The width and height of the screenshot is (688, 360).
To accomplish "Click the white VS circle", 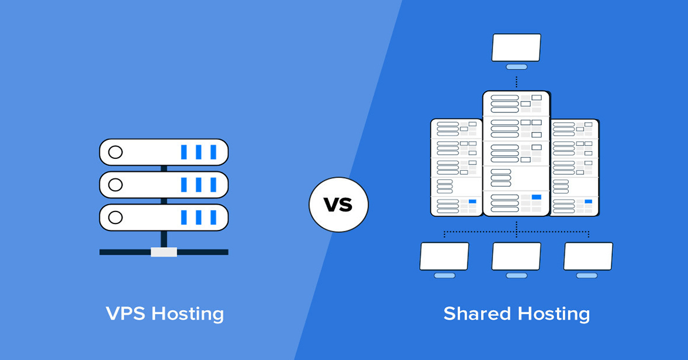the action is coord(338,205).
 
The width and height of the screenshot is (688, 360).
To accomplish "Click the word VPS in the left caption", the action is coord(126,314).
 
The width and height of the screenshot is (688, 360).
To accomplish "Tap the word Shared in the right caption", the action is coord(477,314).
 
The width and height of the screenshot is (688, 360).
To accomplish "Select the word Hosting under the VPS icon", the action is coord(187,315).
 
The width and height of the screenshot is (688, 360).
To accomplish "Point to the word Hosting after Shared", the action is coord(554,315).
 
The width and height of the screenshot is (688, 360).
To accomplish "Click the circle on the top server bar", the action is coord(115,152).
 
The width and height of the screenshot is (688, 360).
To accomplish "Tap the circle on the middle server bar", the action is coord(115,185).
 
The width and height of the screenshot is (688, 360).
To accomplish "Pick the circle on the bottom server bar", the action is coord(115,217).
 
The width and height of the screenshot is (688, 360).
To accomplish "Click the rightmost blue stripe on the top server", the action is coord(213,152).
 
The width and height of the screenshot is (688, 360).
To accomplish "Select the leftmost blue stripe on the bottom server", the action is coord(184,217).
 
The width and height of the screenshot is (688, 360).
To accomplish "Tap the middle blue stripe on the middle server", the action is coord(199,185).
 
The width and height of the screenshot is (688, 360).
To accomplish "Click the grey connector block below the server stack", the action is coord(164,252).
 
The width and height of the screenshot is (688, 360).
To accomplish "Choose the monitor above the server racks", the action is coord(517,48).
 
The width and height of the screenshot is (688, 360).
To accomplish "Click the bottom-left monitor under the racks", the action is coord(444,256).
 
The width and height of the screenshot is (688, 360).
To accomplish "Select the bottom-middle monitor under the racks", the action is coord(517,256).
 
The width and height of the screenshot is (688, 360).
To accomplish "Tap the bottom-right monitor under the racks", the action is coord(588,256).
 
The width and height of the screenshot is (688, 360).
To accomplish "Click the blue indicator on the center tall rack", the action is coord(537,197).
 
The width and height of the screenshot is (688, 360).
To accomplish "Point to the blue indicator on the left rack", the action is coord(472,202).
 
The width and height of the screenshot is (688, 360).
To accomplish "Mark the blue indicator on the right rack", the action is coord(588,202).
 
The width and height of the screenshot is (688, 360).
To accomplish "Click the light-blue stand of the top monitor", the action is coord(517,66).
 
